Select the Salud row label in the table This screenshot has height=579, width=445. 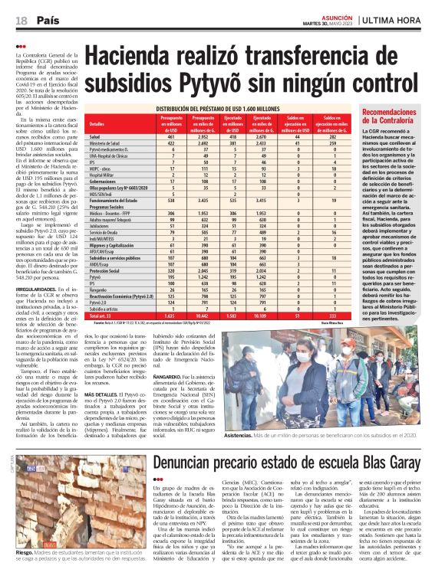(x=94, y=136)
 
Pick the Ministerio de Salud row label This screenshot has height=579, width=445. (x=104, y=142)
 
